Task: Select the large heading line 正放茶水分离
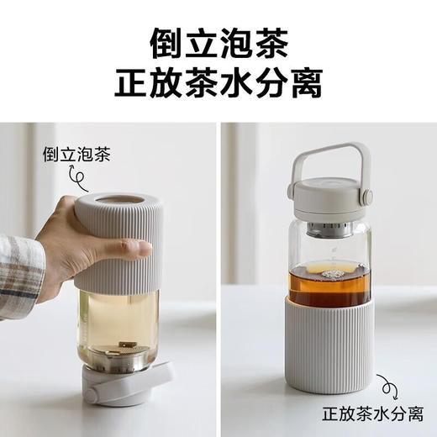tap(218, 84)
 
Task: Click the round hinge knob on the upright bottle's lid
tap(367, 197)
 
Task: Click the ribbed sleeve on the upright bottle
tap(328, 345)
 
